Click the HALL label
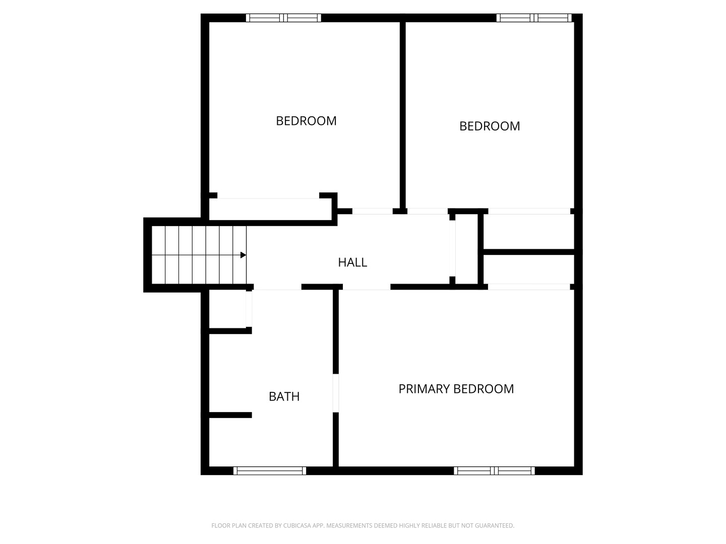(352, 262)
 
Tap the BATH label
(284, 397)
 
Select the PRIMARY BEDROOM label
(456, 389)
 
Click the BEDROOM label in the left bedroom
(306, 121)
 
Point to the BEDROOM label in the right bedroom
(490, 126)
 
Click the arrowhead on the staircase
(243, 255)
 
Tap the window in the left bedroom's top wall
(283, 18)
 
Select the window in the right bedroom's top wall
(534, 18)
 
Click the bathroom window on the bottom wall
(270, 470)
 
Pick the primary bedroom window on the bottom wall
(494, 470)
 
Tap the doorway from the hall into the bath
(277, 287)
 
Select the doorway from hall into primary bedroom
(367, 287)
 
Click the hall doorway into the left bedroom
(373, 211)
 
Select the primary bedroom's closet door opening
(529, 287)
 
